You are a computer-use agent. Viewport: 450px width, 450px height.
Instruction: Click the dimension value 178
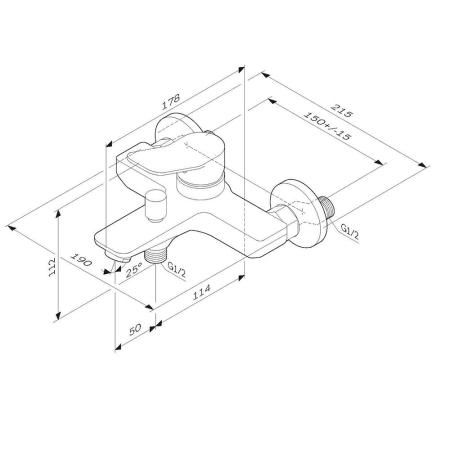(173, 100)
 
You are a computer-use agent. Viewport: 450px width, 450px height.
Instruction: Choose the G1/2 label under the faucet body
(176, 270)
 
